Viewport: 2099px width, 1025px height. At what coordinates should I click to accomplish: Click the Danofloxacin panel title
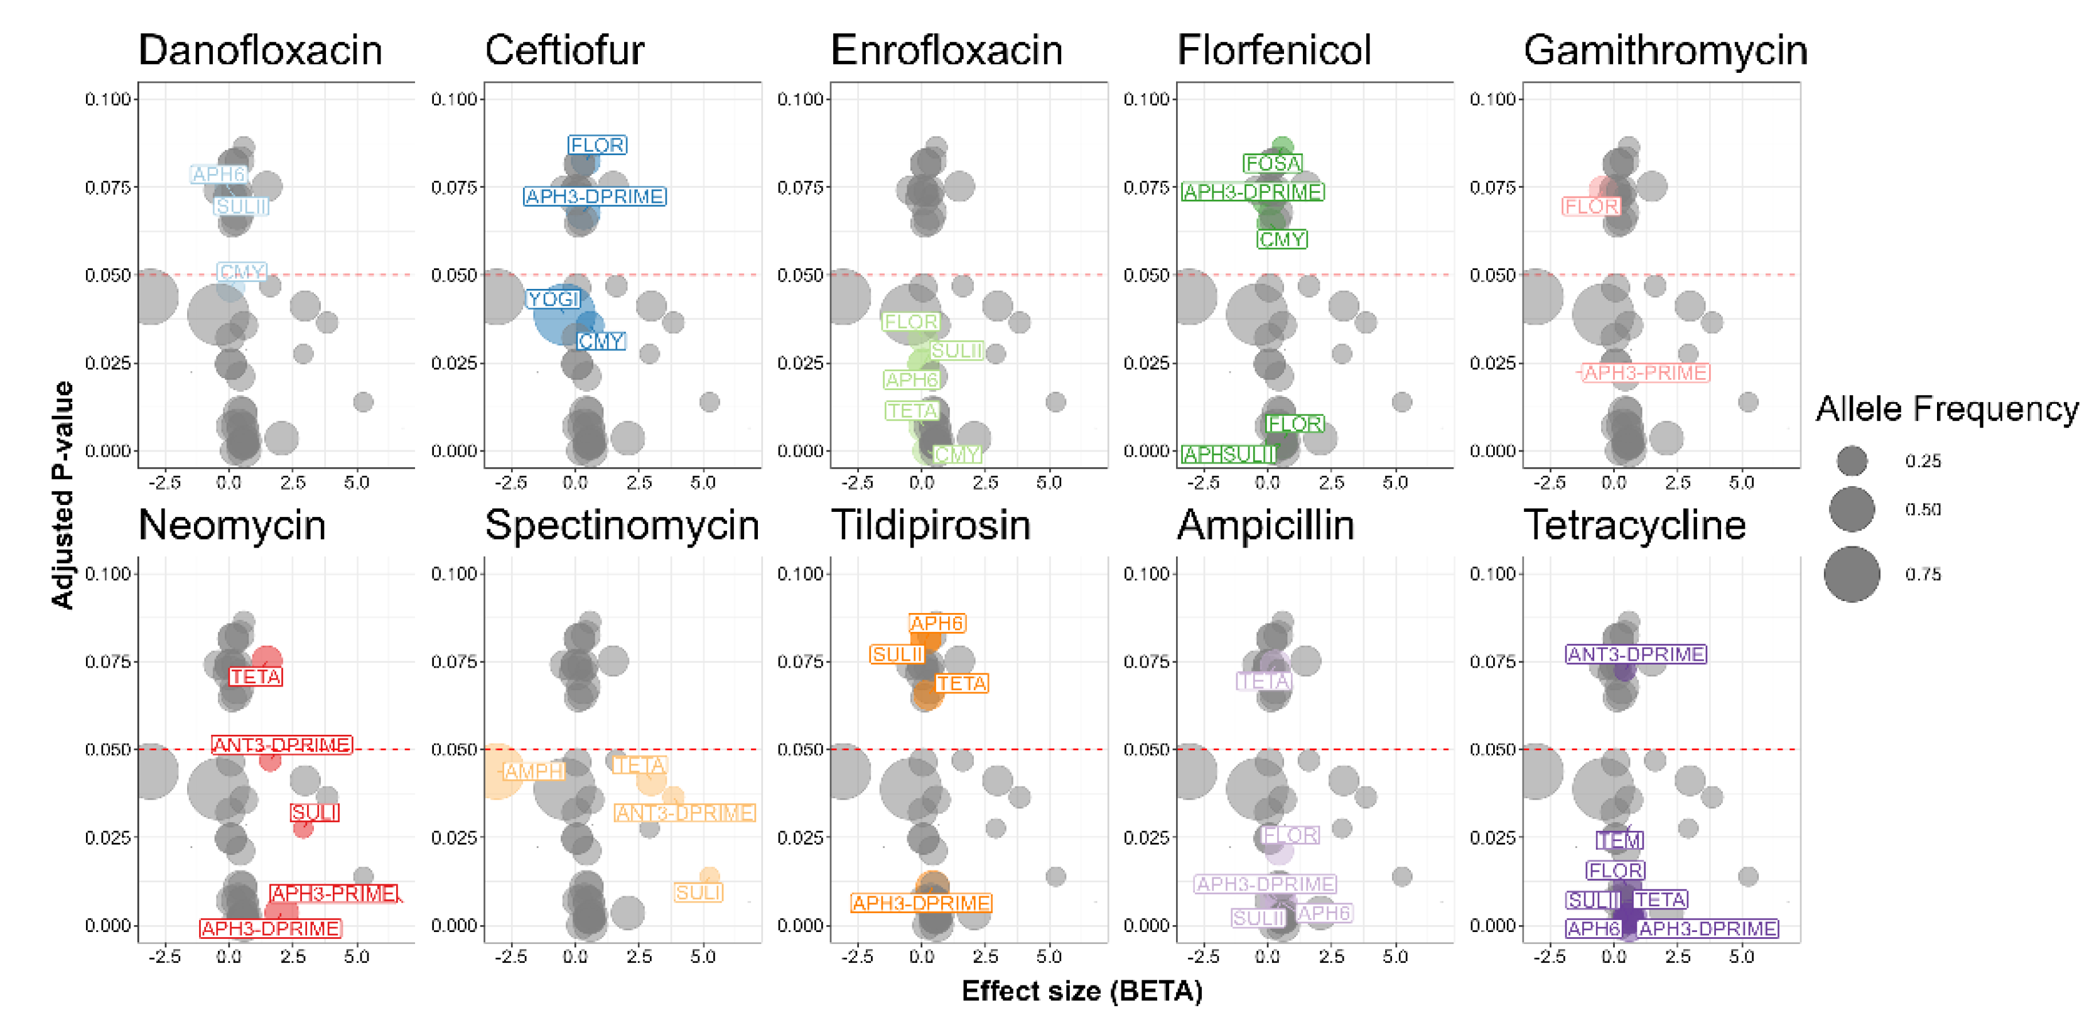[x=260, y=50]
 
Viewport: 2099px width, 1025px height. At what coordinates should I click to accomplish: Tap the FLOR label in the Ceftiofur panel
[x=597, y=145]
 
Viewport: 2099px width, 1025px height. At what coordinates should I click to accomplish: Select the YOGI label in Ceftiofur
[x=553, y=299]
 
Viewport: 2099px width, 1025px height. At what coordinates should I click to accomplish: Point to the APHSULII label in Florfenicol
[x=1229, y=455]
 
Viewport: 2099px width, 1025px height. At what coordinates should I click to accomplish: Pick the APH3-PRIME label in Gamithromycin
[x=1645, y=372]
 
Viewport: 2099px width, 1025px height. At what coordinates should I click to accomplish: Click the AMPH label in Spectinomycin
[x=534, y=771]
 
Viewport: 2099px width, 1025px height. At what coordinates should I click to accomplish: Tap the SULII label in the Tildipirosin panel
[x=897, y=654]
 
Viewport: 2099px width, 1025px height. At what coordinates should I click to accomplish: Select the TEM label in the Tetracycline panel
[x=1619, y=840]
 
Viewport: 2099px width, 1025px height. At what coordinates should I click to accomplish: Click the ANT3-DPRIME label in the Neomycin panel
[x=282, y=745]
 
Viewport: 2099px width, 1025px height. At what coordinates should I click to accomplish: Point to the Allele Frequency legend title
[x=1946, y=409]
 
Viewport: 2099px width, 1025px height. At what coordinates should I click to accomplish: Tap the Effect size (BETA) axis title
[x=1081, y=991]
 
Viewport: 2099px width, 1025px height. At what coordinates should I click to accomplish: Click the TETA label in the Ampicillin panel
[x=1264, y=681]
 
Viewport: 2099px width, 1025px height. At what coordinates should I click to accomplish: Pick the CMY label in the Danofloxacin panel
[x=242, y=271]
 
